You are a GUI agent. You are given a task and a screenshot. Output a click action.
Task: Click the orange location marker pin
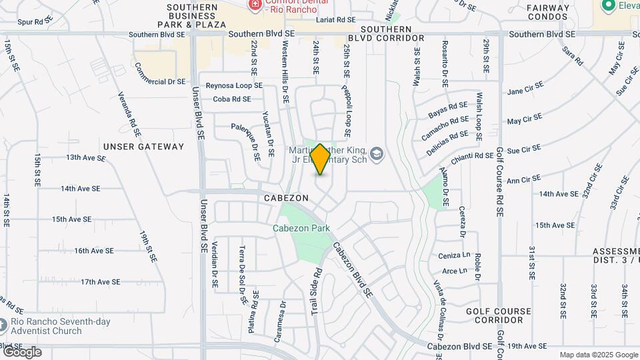point(320,159)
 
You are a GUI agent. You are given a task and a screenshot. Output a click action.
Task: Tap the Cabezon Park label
point(301,228)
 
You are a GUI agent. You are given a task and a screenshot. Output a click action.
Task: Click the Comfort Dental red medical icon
point(254,6)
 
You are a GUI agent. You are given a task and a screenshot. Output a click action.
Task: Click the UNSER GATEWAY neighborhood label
point(143,146)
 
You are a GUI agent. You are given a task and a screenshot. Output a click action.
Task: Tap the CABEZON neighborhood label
point(286,198)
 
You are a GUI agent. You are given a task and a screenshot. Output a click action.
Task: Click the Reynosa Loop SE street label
point(234,85)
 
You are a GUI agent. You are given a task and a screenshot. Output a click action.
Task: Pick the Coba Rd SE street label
point(232,99)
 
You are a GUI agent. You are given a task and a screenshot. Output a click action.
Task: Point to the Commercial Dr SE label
point(159,75)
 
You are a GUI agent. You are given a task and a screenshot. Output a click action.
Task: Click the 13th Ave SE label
point(85,158)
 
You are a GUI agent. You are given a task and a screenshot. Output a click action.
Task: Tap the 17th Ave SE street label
point(100,282)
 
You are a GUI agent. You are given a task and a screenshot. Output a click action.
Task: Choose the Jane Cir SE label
point(525,91)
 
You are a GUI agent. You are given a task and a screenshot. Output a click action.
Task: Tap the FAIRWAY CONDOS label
point(548,13)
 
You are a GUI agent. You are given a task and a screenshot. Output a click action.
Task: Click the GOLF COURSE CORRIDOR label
point(498,315)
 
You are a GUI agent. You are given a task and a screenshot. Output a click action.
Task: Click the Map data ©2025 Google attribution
point(598,355)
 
